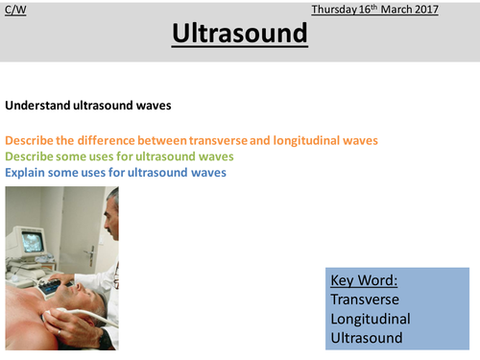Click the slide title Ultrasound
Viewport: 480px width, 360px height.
coord(240,35)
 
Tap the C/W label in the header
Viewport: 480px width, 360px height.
coord(13,9)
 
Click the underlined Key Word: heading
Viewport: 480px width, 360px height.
coord(365,280)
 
